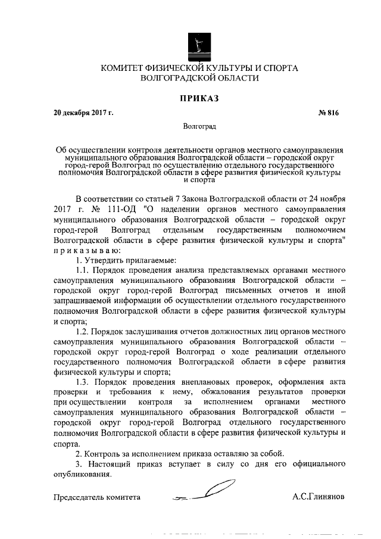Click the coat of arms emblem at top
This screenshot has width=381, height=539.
(x=199, y=46)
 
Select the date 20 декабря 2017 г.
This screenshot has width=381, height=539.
(x=83, y=112)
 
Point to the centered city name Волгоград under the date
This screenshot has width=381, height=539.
(x=199, y=127)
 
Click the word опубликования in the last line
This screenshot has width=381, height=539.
(x=82, y=475)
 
